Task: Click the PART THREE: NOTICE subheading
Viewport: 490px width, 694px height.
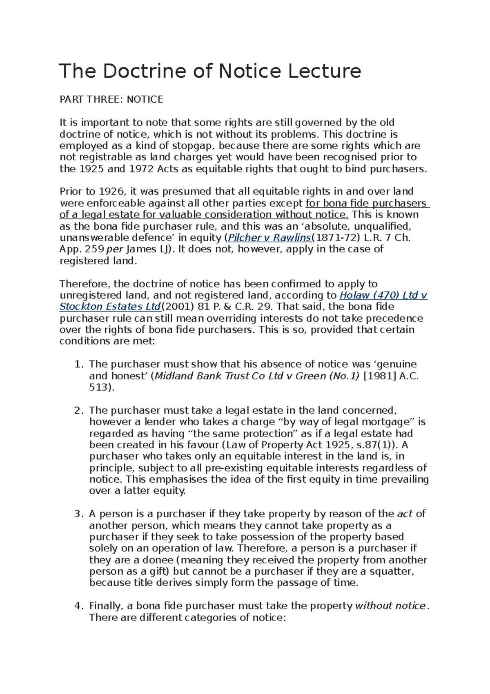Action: (111, 99)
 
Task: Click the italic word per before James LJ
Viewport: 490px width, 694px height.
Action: (115, 249)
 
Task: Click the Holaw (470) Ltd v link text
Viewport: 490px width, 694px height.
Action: (383, 295)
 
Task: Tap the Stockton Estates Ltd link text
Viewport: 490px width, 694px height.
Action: (110, 307)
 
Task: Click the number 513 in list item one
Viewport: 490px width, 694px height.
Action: (99, 387)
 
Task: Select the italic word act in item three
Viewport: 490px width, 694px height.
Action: (405, 514)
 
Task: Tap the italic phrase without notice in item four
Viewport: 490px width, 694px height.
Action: (390, 606)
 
